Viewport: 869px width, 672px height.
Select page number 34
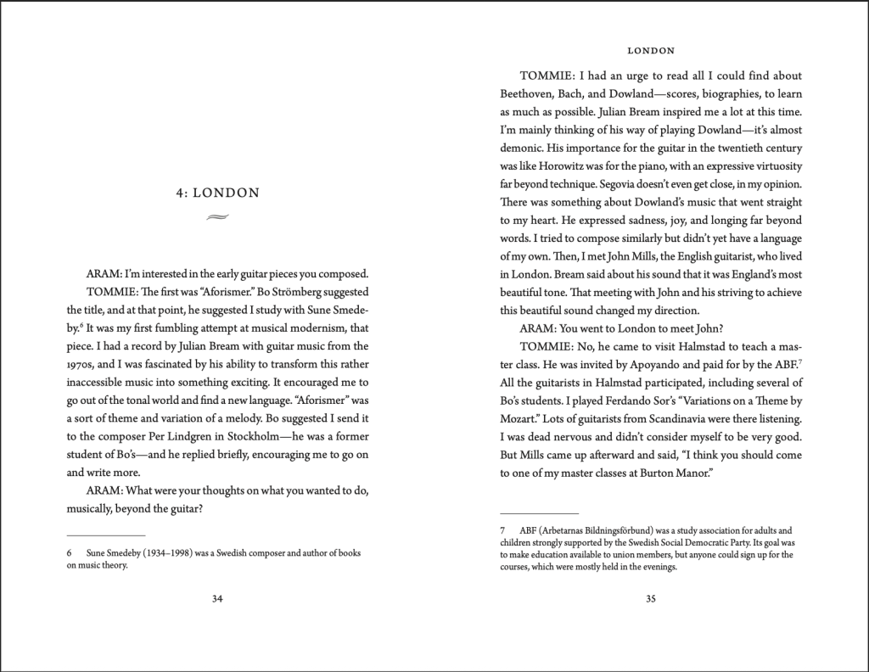(216, 599)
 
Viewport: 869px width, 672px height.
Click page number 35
(651, 599)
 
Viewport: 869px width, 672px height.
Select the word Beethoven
(529, 93)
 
